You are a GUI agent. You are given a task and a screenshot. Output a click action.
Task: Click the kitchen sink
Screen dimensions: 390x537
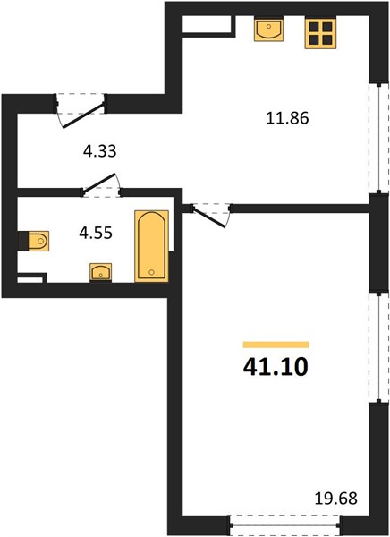tap(268, 30)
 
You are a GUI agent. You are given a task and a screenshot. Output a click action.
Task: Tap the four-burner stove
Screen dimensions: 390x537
tap(320, 33)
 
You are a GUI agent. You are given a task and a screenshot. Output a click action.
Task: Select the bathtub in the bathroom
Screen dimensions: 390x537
tap(152, 246)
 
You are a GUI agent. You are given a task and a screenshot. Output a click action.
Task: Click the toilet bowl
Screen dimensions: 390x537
tap(38, 241)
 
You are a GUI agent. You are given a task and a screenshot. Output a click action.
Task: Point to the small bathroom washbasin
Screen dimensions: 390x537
tap(101, 273)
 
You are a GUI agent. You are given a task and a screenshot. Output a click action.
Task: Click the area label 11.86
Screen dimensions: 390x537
tap(288, 118)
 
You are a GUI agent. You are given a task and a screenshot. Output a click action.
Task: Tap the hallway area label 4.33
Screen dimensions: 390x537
tap(100, 151)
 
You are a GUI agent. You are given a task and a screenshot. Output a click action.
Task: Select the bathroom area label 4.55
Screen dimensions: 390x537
tap(96, 234)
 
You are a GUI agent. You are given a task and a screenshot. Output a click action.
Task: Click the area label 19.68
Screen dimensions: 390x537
tap(336, 498)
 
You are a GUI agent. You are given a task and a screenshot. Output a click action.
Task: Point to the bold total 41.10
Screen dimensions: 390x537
tap(276, 367)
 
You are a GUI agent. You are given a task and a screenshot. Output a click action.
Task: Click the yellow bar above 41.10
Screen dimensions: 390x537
tap(276, 345)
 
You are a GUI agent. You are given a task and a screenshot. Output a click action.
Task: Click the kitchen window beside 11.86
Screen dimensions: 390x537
tap(378, 138)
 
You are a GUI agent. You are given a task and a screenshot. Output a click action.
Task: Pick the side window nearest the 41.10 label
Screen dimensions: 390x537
tap(378, 347)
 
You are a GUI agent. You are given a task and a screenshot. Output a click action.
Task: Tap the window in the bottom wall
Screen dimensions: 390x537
tap(285, 525)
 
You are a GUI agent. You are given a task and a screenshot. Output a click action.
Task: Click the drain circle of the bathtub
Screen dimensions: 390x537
tap(152, 272)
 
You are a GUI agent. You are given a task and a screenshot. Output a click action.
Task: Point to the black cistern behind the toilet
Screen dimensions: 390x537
tap(23, 241)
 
